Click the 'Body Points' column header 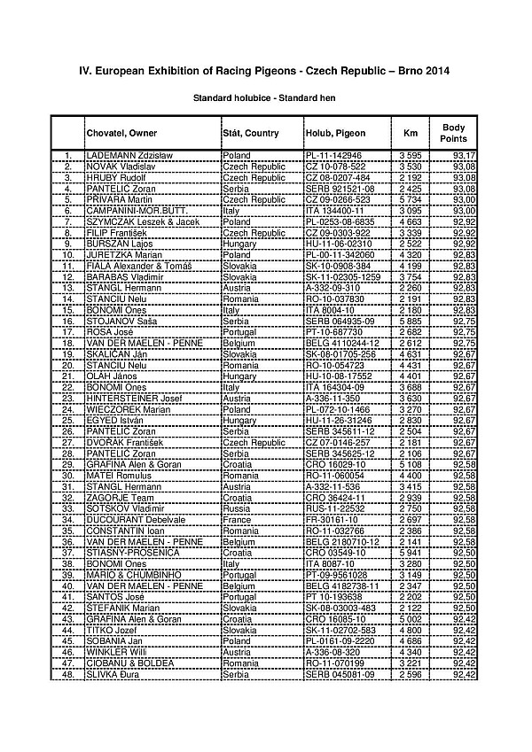tap(453, 134)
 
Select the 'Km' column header tap(411, 134)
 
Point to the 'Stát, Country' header tap(251, 134)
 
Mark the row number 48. tap(67, 675)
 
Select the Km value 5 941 tap(411, 553)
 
